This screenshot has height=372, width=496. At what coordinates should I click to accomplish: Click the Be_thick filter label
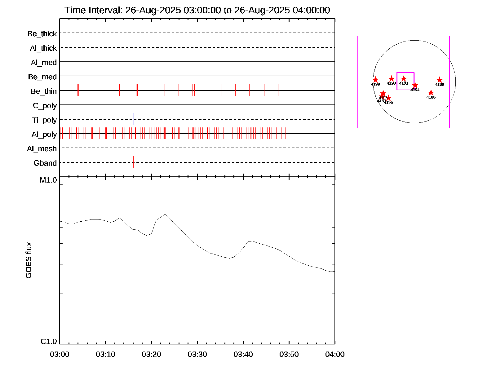[x=42, y=33]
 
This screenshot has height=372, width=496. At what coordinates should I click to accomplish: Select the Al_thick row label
[x=43, y=48]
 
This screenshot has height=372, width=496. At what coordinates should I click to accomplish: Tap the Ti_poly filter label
[x=44, y=120]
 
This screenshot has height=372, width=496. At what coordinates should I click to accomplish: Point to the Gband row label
[x=45, y=163]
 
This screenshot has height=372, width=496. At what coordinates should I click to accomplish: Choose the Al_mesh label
[x=42, y=149]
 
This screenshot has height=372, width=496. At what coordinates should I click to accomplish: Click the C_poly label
[x=45, y=106]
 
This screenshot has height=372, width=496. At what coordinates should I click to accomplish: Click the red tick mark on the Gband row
[x=133, y=162]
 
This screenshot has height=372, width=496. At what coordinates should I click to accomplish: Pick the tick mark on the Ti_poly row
[x=134, y=119]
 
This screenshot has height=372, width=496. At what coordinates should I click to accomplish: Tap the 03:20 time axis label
[x=151, y=354]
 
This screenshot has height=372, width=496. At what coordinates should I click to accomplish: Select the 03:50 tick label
[x=289, y=354]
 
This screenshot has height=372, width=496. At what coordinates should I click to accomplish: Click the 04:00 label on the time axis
[x=335, y=354]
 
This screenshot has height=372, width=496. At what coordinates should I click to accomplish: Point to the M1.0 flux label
[x=48, y=180]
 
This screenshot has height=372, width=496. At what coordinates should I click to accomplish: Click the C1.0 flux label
[x=49, y=342]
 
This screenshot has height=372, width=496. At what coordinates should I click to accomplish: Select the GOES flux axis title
[x=29, y=260]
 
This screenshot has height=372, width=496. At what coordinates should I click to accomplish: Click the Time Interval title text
[x=197, y=10]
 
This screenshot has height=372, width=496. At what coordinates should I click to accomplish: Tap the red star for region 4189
[x=440, y=80]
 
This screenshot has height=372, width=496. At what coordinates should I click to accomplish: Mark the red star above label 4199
[x=375, y=80]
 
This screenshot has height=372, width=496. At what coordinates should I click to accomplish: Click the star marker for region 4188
[x=431, y=93]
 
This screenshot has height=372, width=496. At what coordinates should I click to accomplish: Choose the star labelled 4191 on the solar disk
[x=404, y=79]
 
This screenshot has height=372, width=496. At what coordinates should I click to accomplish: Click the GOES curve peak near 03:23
[x=165, y=214]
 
